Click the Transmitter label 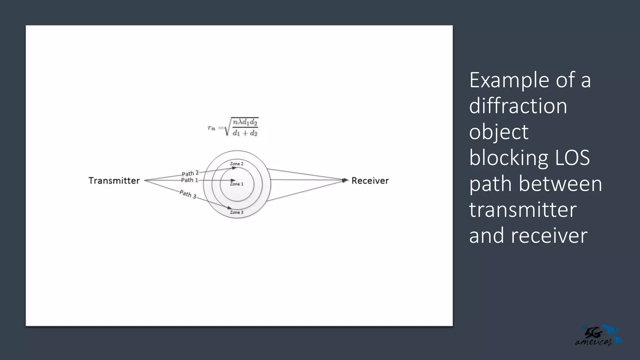tap(114, 181)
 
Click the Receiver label tap(370, 181)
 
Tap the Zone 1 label tap(237, 184)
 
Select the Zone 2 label tap(237, 164)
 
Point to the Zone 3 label tap(237, 212)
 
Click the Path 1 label tap(190, 180)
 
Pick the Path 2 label tap(190, 173)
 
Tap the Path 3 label tap(188, 194)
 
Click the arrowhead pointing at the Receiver tap(345, 180)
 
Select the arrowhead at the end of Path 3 tap(230, 208)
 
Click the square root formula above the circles tap(233, 127)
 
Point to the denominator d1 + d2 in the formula tap(245, 133)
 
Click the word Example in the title tap(509, 80)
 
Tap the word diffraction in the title tap(518, 106)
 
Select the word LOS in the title tap(572, 158)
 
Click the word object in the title tap(499, 132)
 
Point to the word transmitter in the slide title tap(523, 210)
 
